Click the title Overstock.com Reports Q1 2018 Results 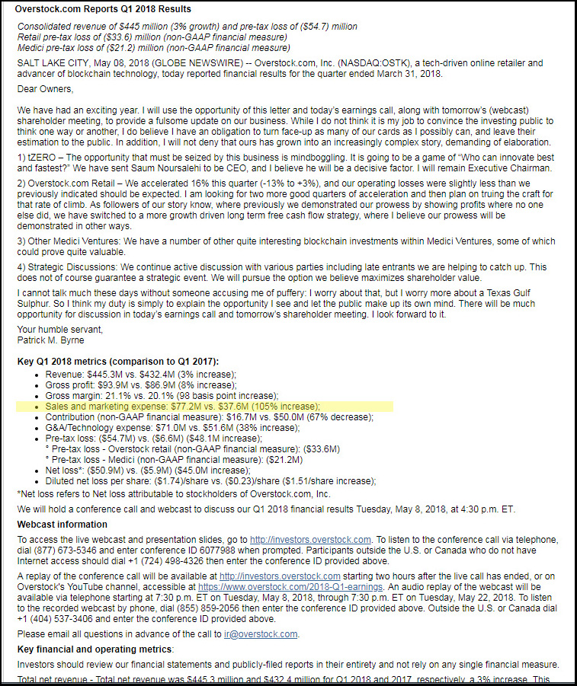point(103,9)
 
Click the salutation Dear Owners point(45,88)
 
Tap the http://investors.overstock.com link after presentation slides point(310,539)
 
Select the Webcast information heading point(62,525)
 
